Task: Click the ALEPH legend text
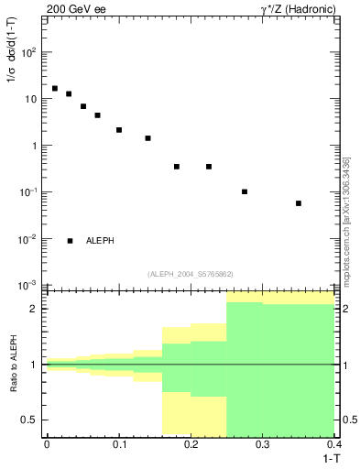(101, 241)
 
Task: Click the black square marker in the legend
(70, 241)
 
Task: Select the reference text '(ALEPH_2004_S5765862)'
(191, 274)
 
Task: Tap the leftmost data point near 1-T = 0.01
(54, 89)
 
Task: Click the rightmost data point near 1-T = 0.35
(299, 203)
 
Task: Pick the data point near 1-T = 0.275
(245, 191)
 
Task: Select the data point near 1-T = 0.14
(147, 138)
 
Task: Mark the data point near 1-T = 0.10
(119, 130)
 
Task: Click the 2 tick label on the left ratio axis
(35, 309)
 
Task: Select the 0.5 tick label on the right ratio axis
(350, 420)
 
